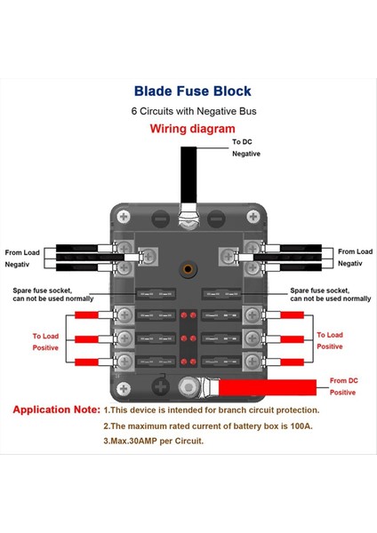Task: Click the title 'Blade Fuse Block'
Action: pyautogui.click(x=192, y=91)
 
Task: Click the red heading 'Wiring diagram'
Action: pyautogui.click(x=192, y=129)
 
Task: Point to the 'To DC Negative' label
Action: pyautogui.click(x=246, y=147)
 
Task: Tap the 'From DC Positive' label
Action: pyautogui.click(x=342, y=386)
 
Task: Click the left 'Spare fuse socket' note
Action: pyautogui.click(x=53, y=294)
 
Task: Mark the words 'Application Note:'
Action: pyautogui.click(x=56, y=410)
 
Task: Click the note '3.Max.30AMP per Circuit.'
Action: pyautogui.click(x=154, y=441)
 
